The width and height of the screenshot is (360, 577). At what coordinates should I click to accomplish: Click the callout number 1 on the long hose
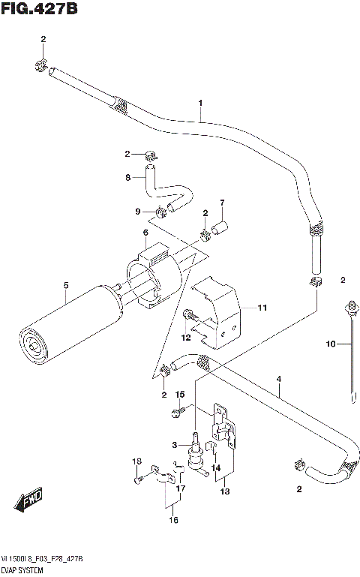(x=200, y=103)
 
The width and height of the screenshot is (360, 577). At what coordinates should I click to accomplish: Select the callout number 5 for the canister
(x=66, y=285)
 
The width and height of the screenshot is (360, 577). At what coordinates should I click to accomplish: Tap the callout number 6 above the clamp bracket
(x=145, y=233)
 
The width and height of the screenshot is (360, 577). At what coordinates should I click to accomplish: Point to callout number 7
(x=222, y=203)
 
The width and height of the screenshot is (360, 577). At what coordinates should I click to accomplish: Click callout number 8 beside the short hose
(x=128, y=178)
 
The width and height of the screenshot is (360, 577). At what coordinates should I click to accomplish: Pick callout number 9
(x=137, y=212)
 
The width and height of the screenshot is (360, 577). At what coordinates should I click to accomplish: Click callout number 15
(x=180, y=395)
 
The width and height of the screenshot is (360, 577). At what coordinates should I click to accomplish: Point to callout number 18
(x=137, y=461)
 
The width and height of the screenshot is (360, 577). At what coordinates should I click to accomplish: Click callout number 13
(x=224, y=491)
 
